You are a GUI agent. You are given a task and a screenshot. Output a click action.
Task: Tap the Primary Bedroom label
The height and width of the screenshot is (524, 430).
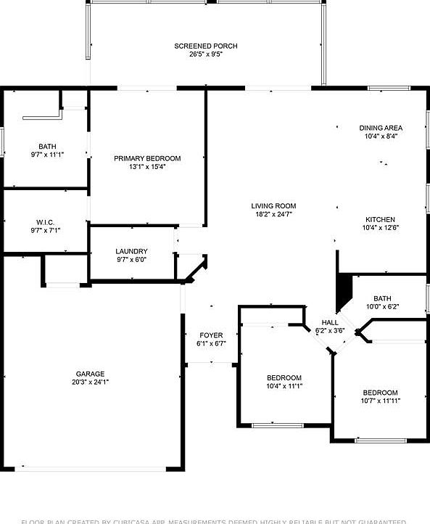pyautogui.click(x=147, y=158)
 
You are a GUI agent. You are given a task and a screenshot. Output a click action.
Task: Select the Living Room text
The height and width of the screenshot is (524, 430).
pyautogui.click(x=274, y=205)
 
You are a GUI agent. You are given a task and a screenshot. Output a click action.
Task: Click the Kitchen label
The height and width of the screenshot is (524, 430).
pyautogui.click(x=380, y=219)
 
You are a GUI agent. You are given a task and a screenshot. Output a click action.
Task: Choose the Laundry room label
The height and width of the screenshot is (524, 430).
pyautogui.click(x=132, y=251)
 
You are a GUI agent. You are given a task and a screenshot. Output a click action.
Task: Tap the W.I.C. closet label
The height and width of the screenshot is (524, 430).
pyautogui.click(x=45, y=222)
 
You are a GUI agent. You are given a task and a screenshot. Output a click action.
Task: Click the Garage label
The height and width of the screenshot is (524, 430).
pyautogui.click(x=90, y=374)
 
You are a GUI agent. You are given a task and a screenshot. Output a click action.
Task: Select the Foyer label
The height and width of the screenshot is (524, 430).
pyautogui.click(x=211, y=335)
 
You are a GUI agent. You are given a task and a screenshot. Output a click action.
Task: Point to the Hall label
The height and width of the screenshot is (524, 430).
pyautogui.click(x=330, y=322)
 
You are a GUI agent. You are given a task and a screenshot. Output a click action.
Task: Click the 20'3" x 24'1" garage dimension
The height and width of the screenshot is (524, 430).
pyautogui.click(x=90, y=382)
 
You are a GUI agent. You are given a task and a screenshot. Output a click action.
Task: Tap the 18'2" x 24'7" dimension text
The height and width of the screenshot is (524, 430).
pyautogui.click(x=274, y=214)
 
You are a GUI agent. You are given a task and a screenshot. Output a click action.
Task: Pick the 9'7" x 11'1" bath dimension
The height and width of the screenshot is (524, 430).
pyautogui.click(x=47, y=155)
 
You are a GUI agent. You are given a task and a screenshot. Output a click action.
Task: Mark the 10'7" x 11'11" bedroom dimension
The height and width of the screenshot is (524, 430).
pyautogui.click(x=381, y=401)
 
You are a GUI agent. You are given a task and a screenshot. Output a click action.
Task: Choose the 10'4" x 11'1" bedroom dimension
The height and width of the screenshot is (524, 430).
pyautogui.click(x=284, y=386)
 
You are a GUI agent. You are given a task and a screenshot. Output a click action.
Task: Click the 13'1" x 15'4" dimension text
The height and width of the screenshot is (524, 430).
pyautogui.click(x=147, y=167)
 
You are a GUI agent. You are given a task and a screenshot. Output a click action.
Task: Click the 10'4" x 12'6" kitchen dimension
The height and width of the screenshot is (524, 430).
pyautogui.click(x=380, y=228)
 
